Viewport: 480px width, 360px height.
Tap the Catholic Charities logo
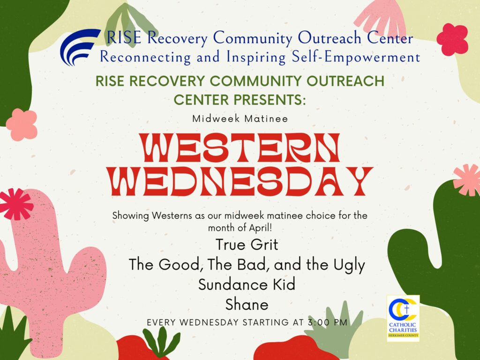click(403, 318)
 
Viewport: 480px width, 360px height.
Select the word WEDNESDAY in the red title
click(240, 181)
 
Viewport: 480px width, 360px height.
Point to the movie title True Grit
click(247, 245)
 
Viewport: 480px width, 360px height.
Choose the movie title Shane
click(247, 305)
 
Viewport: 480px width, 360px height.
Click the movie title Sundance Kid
click(247, 285)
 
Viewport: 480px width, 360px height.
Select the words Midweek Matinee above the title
click(240, 119)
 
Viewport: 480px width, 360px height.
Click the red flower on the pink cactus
click(15, 204)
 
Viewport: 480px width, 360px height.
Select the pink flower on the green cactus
click(467, 180)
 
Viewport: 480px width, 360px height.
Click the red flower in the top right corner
click(452, 39)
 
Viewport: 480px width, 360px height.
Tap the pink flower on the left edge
click(22, 125)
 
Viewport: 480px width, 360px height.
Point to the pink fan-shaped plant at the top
click(381, 15)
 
